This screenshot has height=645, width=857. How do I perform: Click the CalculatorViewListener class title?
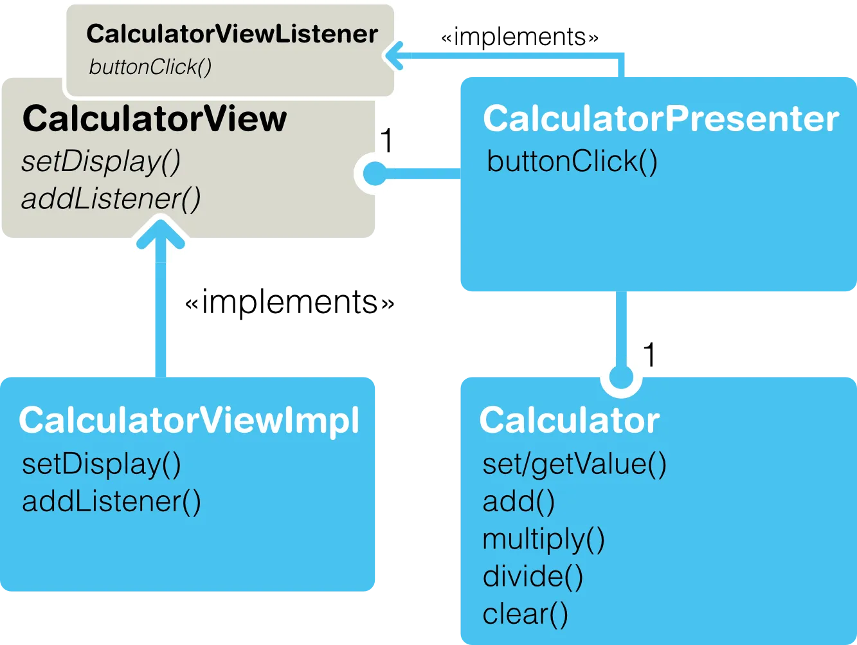(x=231, y=34)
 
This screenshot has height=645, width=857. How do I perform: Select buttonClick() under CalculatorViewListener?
(x=150, y=67)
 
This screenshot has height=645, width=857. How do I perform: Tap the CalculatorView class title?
(x=154, y=119)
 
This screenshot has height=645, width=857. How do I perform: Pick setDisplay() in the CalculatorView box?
(x=101, y=161)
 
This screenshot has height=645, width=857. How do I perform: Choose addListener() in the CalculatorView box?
(x=111, y=199)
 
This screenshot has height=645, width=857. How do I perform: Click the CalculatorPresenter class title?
(x=660, y=119)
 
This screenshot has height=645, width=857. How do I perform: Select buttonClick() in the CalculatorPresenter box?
(x=572, y=161)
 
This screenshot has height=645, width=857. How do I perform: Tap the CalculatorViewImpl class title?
(x=189, y=421)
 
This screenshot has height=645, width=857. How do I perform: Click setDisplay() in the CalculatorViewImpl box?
(x=102, y=464)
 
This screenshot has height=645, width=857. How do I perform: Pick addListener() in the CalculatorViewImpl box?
(x=111, y=502)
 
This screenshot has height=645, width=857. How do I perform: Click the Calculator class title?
(x=569, y=421)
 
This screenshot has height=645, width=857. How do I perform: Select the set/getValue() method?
(x=574, y=464)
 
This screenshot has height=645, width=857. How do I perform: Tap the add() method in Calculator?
(x=518, y=502)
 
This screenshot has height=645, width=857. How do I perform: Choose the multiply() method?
(x=543, y=539)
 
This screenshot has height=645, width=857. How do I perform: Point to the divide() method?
(x=533, y=576)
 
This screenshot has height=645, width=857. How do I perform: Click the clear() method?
(x=525, y=614)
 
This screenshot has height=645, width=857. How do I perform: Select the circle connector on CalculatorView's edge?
(x=374, y=173)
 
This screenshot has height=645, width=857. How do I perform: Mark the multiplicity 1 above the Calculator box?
(x=649, y=355)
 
